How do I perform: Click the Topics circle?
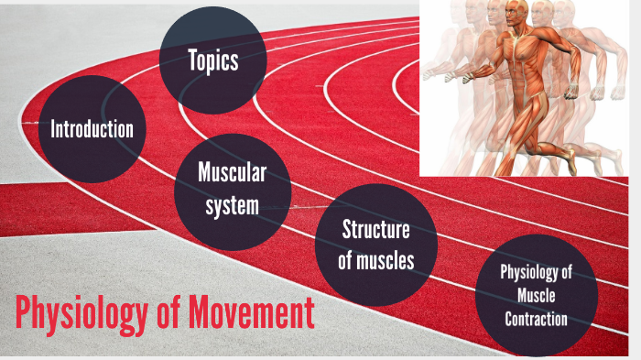click(212, 60)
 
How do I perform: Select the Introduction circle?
click(92, 128)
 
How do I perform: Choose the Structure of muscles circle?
click(375, 245)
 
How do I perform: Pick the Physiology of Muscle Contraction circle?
click(536, 295)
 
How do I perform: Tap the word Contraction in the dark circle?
click(536, 319)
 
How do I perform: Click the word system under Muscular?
click(233, 206)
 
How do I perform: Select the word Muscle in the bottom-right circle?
click(536, 296)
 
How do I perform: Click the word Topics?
click(212, 60)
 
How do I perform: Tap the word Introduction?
click(92, 128)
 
